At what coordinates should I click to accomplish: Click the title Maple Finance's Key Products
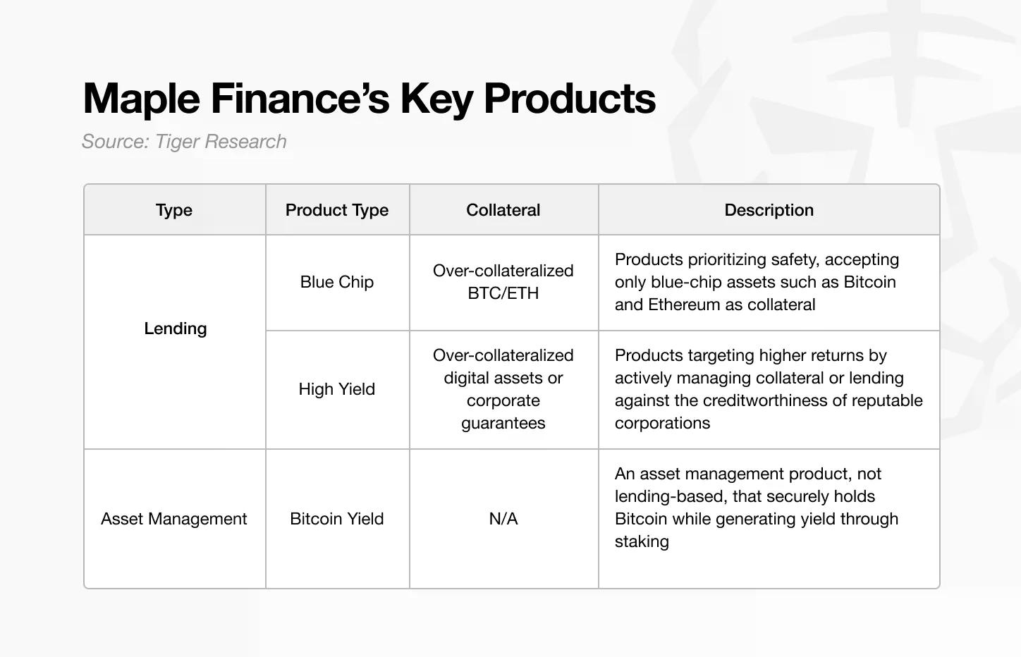(x=369, y=98)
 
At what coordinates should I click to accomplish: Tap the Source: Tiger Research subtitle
(x=184, y=142)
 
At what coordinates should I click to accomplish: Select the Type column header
(x=174, y=210)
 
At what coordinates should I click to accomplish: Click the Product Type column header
(x=337, y=210)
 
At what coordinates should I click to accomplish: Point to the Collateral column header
(x=503, y=210)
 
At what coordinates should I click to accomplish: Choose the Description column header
(x=769, y=210)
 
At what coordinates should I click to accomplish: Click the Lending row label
(x=175, y=328)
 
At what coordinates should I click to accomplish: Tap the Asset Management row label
(x=174, y=519)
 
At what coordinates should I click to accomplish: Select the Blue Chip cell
(x=337, y=282)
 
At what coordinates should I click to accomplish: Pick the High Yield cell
(x=337, y=389)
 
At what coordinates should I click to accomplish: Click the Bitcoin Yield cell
(x=337, y=519)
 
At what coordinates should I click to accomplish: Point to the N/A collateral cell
(x=503, y=519)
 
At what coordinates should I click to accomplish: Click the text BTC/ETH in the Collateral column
(x=503, y=293)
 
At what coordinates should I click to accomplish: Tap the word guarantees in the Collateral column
(x=503, y=423)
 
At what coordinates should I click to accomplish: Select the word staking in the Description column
(x=642, y=541)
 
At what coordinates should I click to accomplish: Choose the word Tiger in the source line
(x=177, y=142)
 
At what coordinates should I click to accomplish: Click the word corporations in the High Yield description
(x=662, y=423)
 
